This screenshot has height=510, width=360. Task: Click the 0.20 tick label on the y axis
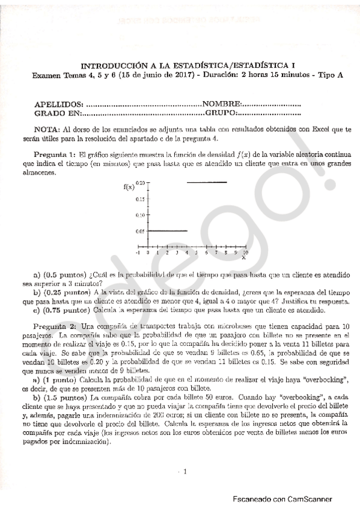point(139,182)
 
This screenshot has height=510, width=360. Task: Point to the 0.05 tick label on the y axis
point(139,231)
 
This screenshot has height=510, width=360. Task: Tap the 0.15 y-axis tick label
point(139,198)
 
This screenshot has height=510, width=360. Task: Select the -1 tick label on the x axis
point(139,254)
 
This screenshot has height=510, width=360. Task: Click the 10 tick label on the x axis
point(245,254)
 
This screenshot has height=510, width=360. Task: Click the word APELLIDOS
point(59,104)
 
